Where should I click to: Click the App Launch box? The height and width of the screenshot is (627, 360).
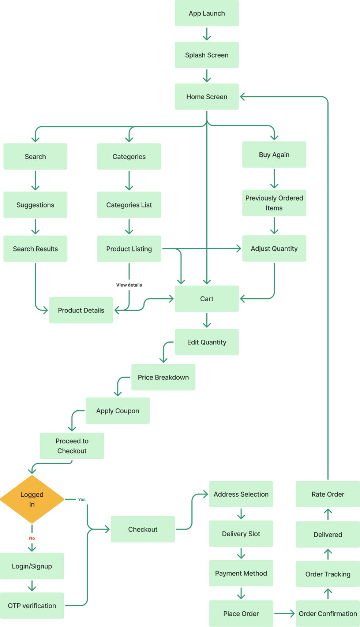207,13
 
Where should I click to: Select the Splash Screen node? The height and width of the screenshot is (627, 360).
207,55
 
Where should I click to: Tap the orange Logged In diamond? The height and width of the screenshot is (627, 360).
32,499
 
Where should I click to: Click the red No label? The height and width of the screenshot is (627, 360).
32,538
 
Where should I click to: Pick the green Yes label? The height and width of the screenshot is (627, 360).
82,499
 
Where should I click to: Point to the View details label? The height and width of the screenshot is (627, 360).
129,285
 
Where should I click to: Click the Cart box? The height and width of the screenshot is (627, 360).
207,299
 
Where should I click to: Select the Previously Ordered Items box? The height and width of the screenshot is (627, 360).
274,203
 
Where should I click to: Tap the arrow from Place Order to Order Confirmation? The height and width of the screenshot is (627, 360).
284,613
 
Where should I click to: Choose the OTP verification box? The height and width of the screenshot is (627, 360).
32,605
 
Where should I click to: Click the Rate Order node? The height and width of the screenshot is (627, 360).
328,494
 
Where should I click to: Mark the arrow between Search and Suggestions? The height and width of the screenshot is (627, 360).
35,180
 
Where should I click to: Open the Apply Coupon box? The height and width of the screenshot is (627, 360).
117,411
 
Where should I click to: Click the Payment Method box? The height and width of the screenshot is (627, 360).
241,573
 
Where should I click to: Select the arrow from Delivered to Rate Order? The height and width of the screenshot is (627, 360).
328,514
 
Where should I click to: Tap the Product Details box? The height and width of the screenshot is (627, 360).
81,310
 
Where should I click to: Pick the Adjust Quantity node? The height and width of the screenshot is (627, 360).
274,249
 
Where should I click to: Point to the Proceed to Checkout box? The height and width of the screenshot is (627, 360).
72,446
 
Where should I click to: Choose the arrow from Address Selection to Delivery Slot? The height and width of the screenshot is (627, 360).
241,514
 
